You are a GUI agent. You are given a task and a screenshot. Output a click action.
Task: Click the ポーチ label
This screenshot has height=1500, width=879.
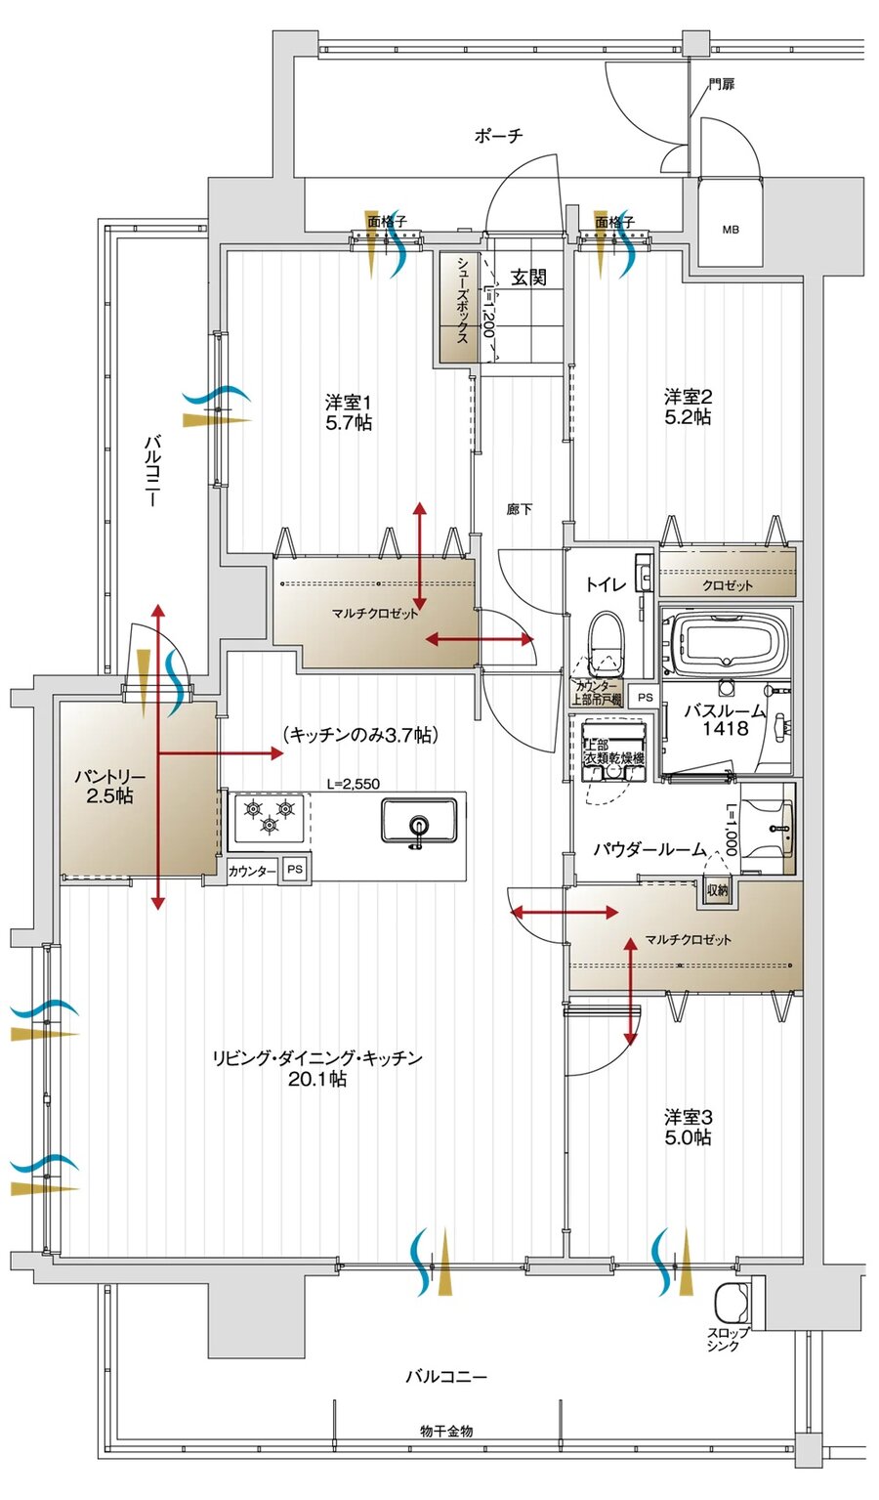(498, 136)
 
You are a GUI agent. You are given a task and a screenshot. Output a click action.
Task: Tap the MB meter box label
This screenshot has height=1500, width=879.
(731, 231)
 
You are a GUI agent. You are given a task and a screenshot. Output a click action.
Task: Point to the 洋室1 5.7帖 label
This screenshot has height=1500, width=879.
(349, 412)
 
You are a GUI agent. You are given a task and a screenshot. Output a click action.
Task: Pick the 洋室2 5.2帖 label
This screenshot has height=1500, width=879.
(688, 407)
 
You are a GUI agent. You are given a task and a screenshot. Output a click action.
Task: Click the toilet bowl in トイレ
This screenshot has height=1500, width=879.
(607, 641)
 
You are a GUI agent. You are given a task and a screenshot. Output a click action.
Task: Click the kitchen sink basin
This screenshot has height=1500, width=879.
(419, 820)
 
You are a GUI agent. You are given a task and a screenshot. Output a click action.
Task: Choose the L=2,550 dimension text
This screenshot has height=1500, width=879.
(353, 783)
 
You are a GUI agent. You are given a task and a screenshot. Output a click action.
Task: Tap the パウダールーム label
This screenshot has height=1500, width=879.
(649, 850)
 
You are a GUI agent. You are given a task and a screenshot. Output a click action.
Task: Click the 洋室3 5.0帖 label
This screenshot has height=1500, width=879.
(688, 1127)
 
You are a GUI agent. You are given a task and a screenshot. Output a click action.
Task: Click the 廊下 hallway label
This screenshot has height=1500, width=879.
(520, 509)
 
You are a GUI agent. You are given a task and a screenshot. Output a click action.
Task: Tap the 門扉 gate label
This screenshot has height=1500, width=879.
(722, 85)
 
